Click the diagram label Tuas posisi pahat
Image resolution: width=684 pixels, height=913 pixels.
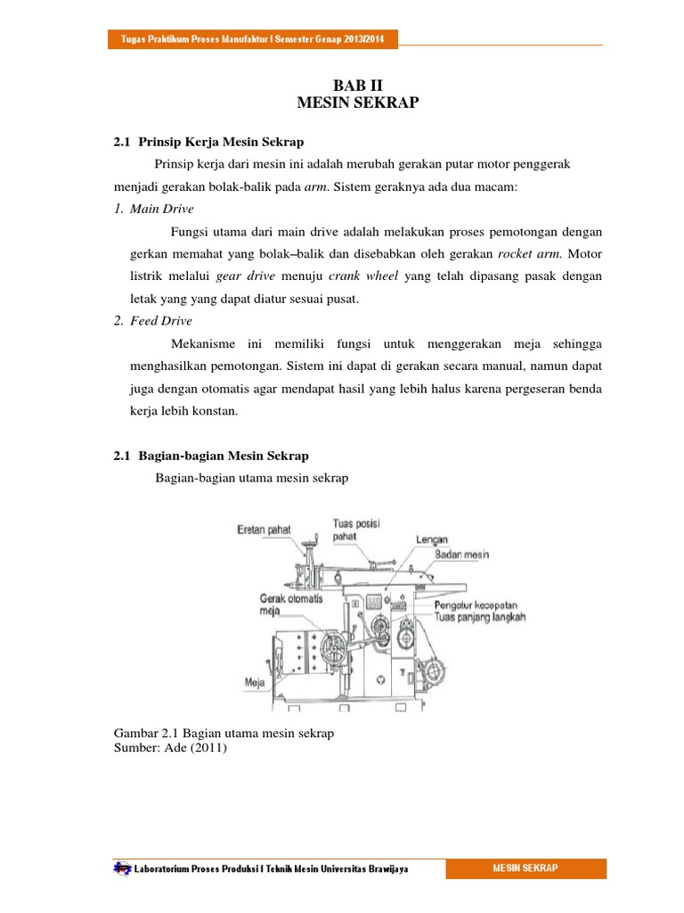pyautogui.click(x=356, y=531)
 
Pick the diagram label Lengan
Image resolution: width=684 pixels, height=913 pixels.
pyautogui.click(x=431, y=540)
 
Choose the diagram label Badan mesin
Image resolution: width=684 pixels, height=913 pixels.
pyautogui.click(x=463, y=554)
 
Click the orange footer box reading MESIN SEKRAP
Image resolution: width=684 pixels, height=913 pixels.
pyautogui.click(x=525, y=868)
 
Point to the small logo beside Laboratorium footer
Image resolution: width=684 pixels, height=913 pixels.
pyautogui.click(x=121, y=868)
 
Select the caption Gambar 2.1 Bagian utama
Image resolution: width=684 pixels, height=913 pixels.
pyautogui.click(x=224, y=734)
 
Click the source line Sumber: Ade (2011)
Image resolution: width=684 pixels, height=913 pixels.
pyautogui.click(x=172, y=748)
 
